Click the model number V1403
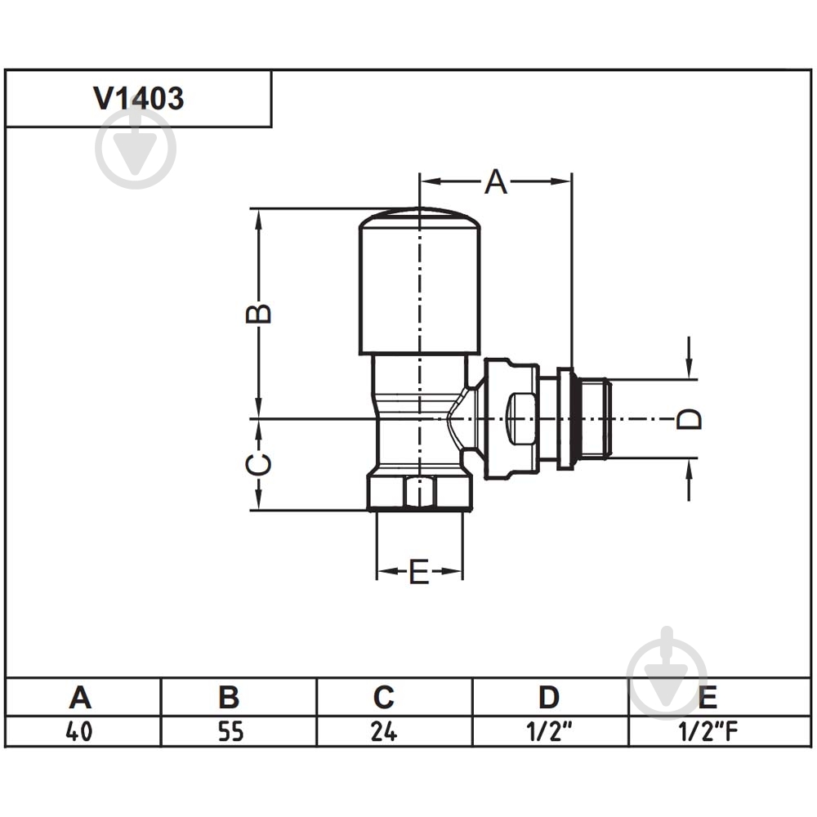click(139, 98)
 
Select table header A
click(80, 697)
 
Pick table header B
click(230, 697)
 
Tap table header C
click(384, 697)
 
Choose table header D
click(549, 697)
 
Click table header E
click(707, 697)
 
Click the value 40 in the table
click(79, 731)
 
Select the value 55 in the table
click(231, 731)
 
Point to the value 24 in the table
click(384, 731)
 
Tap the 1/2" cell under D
click(549, 731)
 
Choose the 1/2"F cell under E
click(708, 731)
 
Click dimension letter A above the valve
click(496, 182)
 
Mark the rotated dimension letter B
click(258, 313)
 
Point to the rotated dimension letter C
click(258, 465)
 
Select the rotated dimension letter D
click(689, 419)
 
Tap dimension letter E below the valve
click(419, 572)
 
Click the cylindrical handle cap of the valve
click(419, 281)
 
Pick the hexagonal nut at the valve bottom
click(420, 489)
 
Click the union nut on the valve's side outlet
click(511, 418)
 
